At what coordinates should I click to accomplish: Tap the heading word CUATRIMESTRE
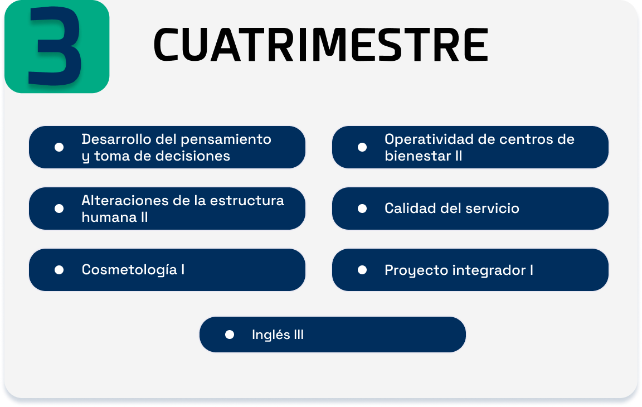(x=320, y=45)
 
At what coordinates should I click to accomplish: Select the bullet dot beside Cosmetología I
(x=59, y=270)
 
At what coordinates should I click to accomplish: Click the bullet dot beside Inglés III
(x=229, y=335)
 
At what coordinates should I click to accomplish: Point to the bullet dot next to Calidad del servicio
(x=362, y=209)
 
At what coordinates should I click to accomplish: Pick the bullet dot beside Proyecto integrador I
(x=362, y=270)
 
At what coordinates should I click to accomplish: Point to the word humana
(x=109, y=217)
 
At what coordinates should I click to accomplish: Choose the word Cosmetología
(x=129, y=270)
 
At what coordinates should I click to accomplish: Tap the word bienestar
(x=417, y=156)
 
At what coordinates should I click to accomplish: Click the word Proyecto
(x=415, y=270)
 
